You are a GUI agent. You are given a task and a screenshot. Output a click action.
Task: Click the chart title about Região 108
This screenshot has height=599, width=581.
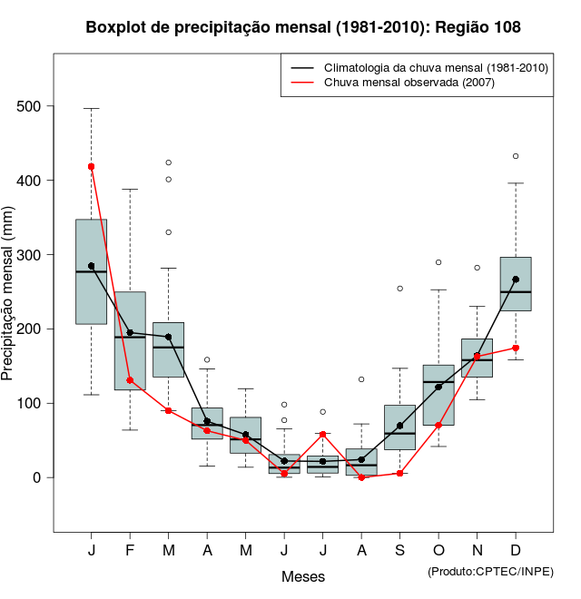coord(303,27)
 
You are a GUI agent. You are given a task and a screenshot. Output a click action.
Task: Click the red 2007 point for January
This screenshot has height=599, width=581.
coord(92,167)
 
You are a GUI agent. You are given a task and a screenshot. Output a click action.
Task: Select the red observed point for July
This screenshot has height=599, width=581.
coord(323,435)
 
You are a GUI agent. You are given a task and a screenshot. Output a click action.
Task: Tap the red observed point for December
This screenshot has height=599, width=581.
coord(516,348)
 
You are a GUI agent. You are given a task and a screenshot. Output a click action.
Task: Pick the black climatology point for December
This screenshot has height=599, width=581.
coord(516,280)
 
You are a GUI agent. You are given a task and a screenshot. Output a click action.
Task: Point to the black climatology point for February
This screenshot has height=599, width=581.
coord(130,332)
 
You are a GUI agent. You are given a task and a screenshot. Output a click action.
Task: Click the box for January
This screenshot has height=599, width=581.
coord(92,271)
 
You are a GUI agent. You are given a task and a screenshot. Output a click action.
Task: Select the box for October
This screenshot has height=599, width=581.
coord(438,395)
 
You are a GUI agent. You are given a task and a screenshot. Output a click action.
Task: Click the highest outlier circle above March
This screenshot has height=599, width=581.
coord(169,162)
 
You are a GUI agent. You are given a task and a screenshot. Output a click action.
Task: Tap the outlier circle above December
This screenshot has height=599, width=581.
coord(516,156)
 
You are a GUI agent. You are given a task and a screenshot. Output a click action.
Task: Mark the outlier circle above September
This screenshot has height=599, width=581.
coord(400,289)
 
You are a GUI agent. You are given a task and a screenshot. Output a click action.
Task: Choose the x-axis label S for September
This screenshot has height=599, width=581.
coord(400,552)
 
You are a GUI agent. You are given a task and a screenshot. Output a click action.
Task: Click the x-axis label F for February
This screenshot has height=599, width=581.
coord(130,552)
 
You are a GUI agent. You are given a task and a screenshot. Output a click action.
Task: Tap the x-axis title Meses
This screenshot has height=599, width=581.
coord(303,576)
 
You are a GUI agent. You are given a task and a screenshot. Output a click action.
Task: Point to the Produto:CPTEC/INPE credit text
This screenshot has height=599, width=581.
coord(490,571)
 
